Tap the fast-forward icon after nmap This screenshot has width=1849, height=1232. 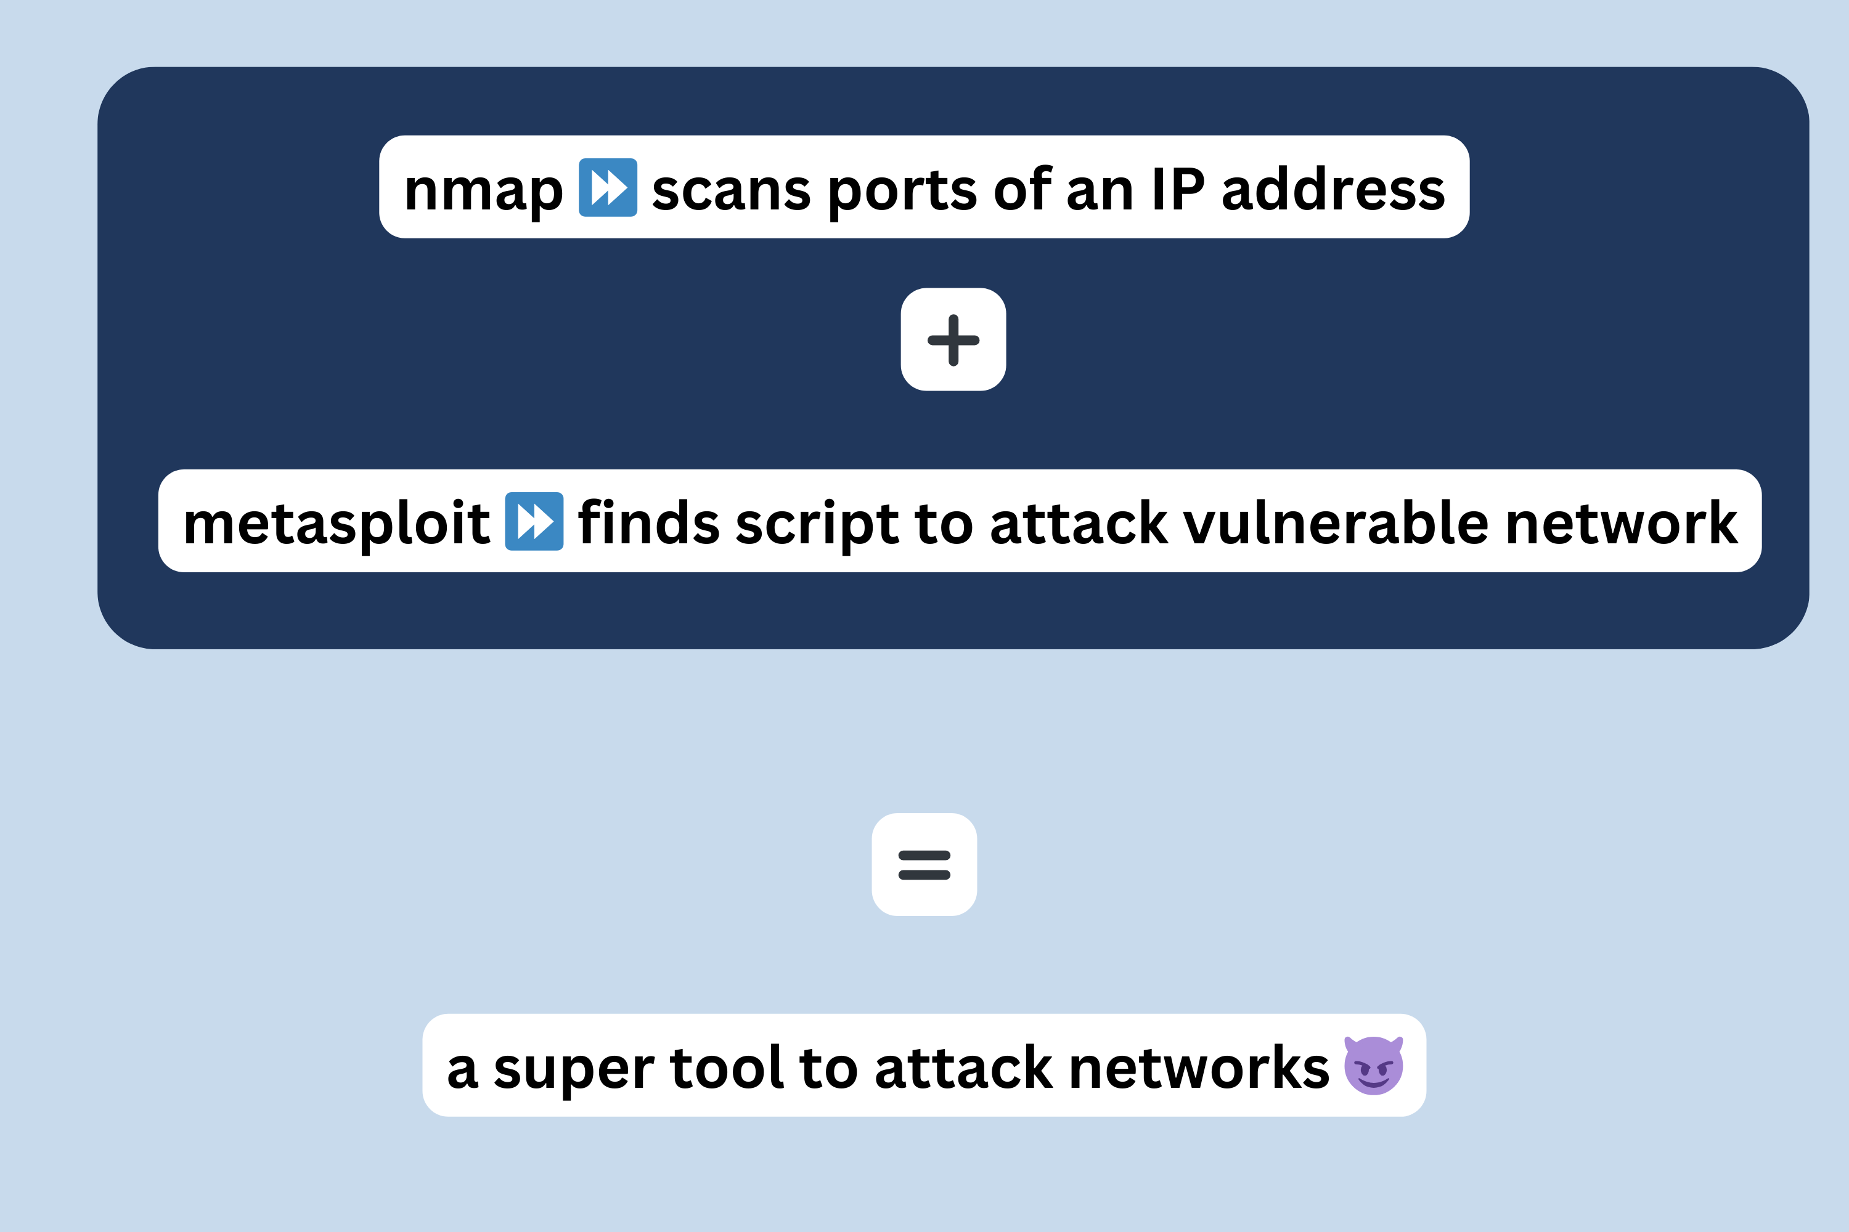(608, 188)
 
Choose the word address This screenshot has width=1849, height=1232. (1333, 188)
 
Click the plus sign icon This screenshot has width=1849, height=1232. (953, 340)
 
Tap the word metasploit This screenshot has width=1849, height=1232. (337, 524)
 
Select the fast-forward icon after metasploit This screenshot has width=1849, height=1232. (534, 522)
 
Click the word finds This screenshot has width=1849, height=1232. (648, 522)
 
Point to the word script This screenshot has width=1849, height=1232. (817, 525)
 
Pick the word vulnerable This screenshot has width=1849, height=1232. (1336, 522)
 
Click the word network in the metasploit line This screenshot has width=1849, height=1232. (1621, 522)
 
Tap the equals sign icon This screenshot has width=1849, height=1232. (924, 865)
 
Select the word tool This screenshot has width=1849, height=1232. (727, 1067)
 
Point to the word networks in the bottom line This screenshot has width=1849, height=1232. (1199, 1067)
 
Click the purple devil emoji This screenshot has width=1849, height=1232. (1373, 1066)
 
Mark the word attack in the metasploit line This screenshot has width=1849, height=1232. (1079, 522)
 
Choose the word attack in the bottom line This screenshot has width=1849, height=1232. (963, 1067)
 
